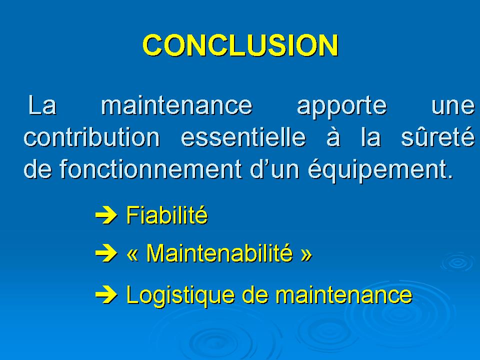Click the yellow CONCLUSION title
tap(240, 45)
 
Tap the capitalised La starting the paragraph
tap(42, 105)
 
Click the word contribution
tap(92, 137)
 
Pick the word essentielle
tap(243, 137)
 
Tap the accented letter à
tap(333, 137)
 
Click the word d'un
tap(274, 168)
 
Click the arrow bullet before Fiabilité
tap(106, 215)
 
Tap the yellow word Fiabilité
tap(167, 215)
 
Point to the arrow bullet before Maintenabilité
tap(106, 254)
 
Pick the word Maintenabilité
tap(219, 253)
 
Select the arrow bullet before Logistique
tap(106, 295)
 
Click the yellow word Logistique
tap(180, 295)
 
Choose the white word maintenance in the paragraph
tap(176, 105)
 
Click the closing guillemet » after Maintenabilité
tap(306, 254)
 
